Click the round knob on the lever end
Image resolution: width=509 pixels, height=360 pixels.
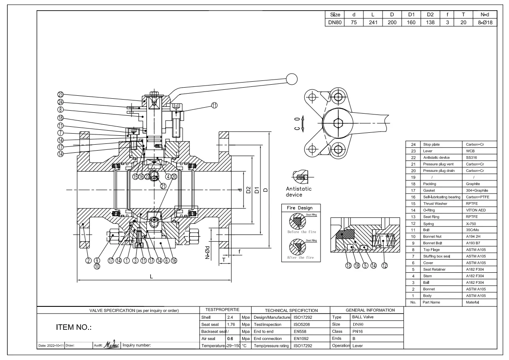[292, 79]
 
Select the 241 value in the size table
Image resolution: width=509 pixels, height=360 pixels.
[373, 23]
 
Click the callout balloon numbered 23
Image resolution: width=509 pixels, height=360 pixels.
[60, 94]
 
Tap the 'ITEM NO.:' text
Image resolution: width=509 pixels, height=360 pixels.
[71, 328]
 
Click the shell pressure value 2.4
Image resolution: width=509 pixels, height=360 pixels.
[230, 317]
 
